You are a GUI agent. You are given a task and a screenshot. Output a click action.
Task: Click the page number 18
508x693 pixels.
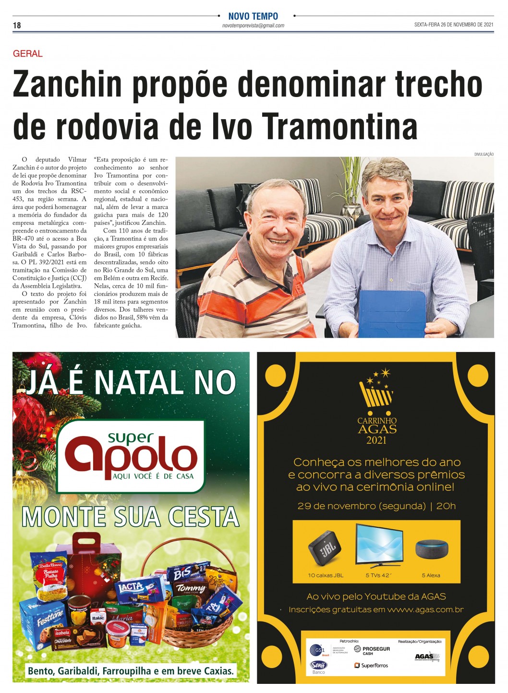point(17,25)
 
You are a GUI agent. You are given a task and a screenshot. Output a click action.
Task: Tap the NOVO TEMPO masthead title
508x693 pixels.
point(253,16)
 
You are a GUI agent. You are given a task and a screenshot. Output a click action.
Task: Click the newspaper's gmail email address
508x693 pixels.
point(253,25)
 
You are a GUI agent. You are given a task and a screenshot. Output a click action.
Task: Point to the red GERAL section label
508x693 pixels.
point(28,54)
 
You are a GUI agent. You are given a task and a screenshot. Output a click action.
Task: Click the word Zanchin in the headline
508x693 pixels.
point(68,84)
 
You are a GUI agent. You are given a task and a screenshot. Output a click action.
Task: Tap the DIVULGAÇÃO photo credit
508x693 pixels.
point(484,154)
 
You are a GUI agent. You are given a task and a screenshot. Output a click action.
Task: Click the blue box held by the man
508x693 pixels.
point(392,312)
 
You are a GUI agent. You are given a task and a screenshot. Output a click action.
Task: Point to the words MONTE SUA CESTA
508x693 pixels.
point(131,517)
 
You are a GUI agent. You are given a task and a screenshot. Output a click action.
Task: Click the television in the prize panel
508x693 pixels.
point(378,545)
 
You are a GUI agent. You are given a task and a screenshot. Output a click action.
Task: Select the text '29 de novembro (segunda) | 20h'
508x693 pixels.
point(376,506)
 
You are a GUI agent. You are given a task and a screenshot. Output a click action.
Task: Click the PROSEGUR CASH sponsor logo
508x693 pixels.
point(372,650)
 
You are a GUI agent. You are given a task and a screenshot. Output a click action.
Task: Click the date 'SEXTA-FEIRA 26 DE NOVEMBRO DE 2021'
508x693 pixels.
point(454,25)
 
